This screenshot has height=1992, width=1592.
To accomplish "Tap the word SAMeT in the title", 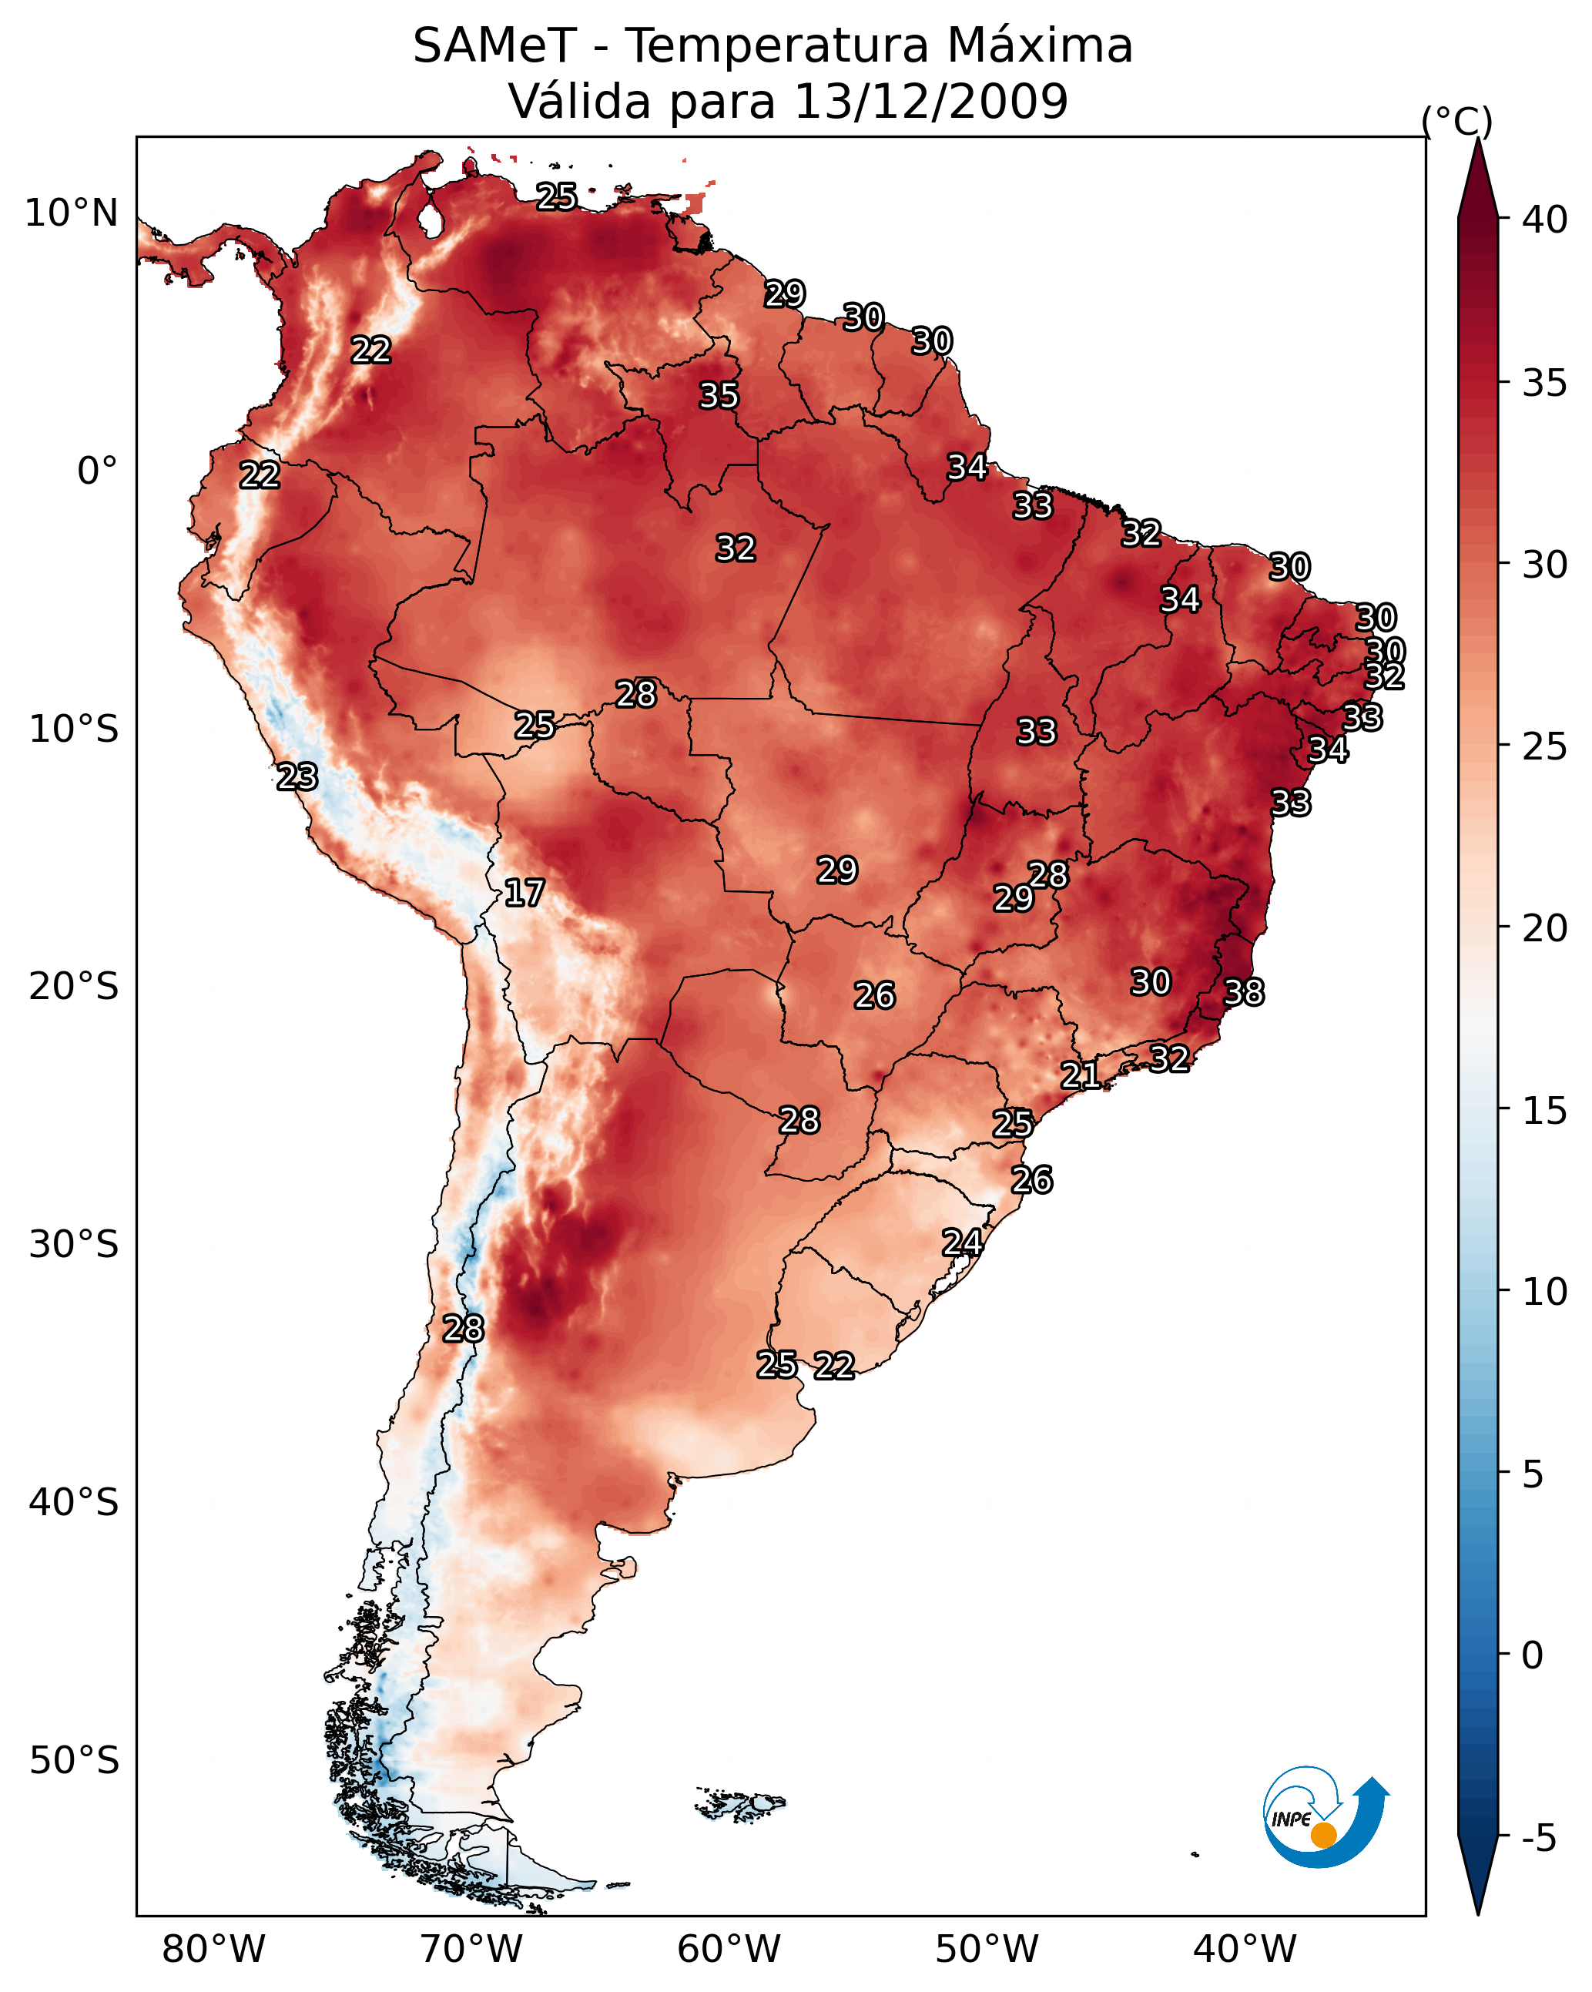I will (x=494, y=46).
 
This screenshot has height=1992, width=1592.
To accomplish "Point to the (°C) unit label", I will (x=1456, y=121).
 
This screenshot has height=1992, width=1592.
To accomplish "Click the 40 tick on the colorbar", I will (x=1544, y=220).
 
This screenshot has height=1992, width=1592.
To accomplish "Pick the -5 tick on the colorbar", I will (x=1538, y=1838).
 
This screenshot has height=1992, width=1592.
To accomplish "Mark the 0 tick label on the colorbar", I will (x=1532, y=1655).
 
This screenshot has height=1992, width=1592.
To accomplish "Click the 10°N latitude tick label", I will (x=71, y=213).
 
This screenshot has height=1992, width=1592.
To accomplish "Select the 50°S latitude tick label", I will (x=74, y=1761).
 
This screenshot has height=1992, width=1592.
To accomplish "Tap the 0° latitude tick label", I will (x=97, y=471).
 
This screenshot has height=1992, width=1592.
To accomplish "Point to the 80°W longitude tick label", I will (x=213, y=1949).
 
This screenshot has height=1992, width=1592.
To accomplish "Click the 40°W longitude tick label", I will (x=1245, y=1949).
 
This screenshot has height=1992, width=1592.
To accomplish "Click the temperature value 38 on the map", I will (x=1244, y=992).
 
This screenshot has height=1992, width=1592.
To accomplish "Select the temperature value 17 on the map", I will (x=524, y=893).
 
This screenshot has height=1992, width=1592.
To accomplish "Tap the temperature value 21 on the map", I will (x=1080, y=1075).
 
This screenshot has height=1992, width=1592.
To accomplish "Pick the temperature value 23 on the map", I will (x=297, y=777).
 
